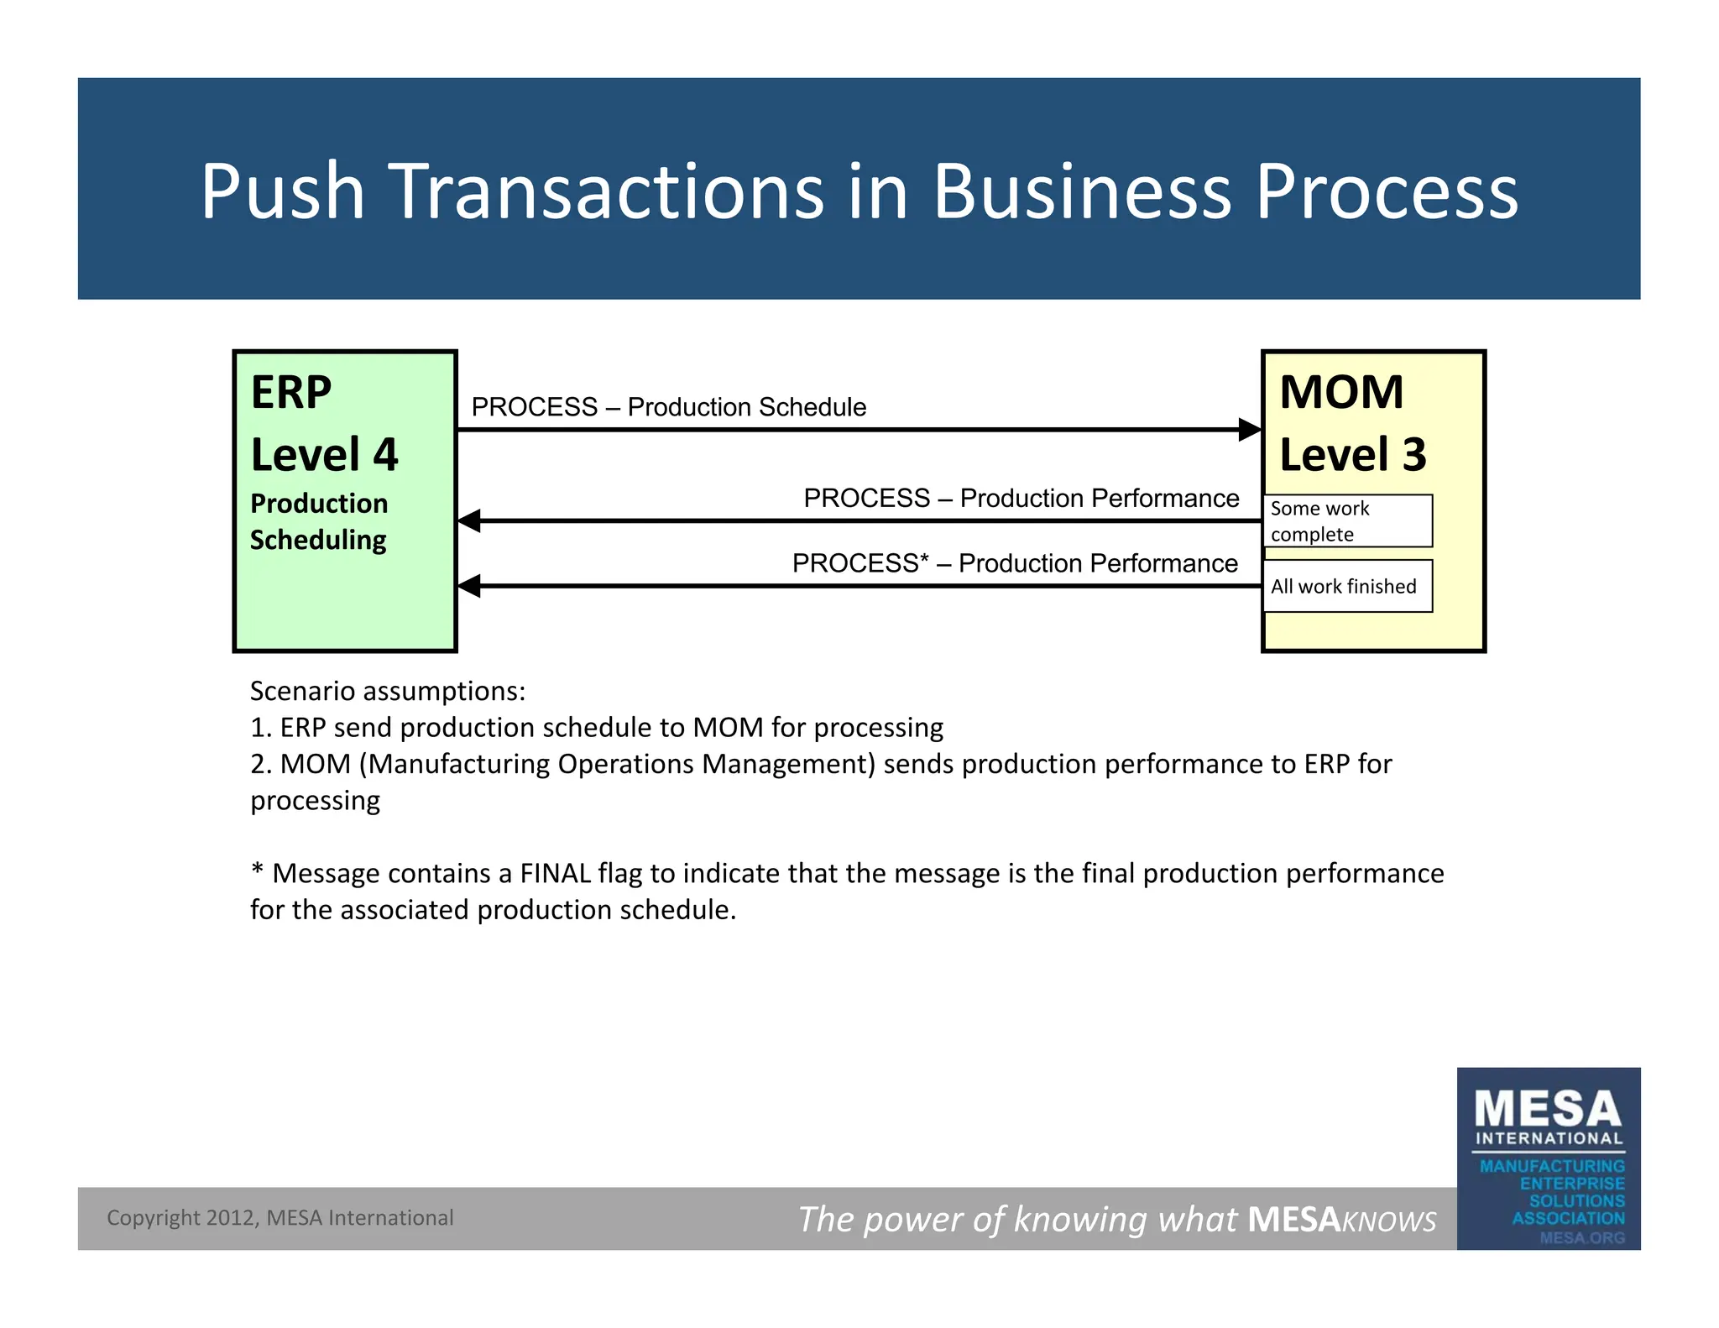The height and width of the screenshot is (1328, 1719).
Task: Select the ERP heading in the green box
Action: click(x=291, y=392)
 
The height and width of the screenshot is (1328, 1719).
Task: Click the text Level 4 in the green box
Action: click(x=324, y=454)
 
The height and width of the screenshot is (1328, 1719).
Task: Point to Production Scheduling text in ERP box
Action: click(x=319, y=521)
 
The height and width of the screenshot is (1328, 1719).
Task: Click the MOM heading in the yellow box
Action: click(x=1340, y=392)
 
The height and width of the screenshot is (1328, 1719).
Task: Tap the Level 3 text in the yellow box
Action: click(x=1352, y=454)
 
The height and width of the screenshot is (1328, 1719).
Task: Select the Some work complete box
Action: click(x=1346, y=521)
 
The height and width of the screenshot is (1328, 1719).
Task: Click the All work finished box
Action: click(x=1346, y=586)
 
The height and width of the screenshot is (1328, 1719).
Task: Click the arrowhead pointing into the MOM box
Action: click(x=1251, y=430)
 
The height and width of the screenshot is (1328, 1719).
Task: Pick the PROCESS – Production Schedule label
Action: click(x=668, y=407)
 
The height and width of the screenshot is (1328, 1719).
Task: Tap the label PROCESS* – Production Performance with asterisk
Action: click(x=1014, y=563)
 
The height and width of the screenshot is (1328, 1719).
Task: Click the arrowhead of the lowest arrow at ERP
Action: click(x=469, y=586)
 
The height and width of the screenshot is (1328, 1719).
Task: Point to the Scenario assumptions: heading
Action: click(x=388, y=691)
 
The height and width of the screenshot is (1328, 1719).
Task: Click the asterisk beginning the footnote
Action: click(x=257, y=871)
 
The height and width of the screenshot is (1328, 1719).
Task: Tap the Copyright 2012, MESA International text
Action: click(x=280, y=1218)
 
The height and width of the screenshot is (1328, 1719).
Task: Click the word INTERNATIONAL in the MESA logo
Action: click(x=1549, y=1139)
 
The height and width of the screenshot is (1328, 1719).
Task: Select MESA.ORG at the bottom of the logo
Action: click(x=1581, y=1237)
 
